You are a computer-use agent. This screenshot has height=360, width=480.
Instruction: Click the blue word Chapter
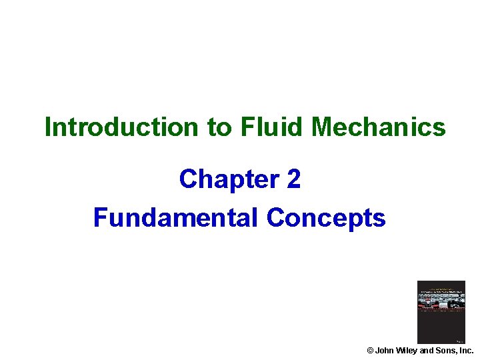(x=227, y=179)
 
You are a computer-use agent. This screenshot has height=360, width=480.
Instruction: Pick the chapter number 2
(x=294, y=179)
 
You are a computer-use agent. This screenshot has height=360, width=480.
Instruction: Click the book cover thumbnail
(x=441, y=312)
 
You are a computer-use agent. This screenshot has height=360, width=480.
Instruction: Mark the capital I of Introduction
(x=48, y=127)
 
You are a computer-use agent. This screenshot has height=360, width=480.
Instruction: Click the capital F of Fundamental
(x=100, y=217)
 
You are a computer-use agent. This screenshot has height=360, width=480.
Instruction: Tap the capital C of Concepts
(x=275, y=217)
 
